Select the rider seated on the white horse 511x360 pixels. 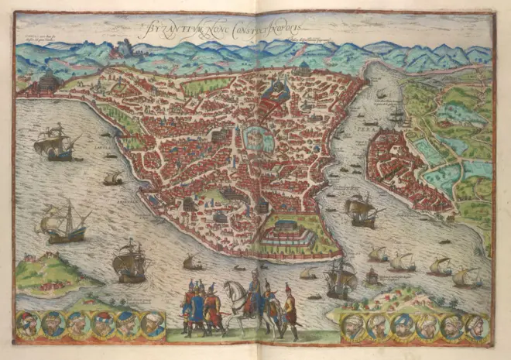click(253, 288)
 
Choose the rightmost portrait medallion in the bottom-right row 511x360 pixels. click(475, 325)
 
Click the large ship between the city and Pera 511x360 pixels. click(361, 209)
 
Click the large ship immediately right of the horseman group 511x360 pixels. click(341, 276)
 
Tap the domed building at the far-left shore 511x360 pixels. click(49, 81)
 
